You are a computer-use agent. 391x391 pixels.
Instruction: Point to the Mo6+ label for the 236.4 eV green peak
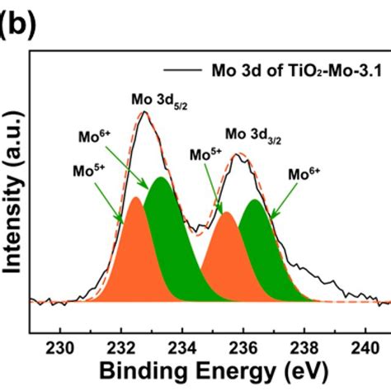(304, 174)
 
